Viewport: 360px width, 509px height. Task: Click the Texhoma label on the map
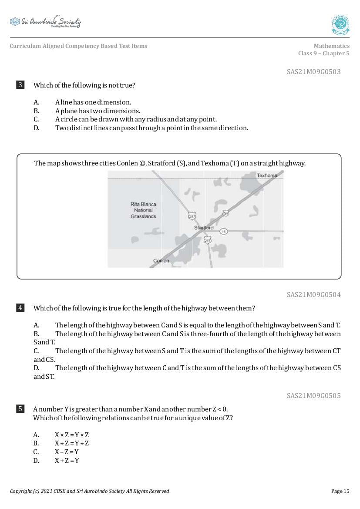267,175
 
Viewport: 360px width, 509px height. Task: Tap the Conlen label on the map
161,261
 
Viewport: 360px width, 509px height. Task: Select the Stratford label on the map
204,228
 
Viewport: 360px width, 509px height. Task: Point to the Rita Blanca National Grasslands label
143,210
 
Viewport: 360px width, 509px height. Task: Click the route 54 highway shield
225,213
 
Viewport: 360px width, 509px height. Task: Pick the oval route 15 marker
223,231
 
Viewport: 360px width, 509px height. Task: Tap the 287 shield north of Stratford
192,216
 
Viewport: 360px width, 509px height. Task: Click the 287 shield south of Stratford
208,240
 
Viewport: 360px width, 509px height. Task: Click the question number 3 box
20,85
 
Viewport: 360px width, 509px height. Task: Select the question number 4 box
20,308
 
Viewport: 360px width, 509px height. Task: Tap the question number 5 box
20,409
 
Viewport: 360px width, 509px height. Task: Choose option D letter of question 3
36,128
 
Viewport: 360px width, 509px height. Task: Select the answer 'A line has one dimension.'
93,102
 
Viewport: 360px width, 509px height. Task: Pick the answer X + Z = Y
67,461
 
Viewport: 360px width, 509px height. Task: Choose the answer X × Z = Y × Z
72,435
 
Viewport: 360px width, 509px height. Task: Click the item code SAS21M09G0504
313,295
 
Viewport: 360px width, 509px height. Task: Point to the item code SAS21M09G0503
313,72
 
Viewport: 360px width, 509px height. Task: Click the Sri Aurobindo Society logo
45,22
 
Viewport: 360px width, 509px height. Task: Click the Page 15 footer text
340,491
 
